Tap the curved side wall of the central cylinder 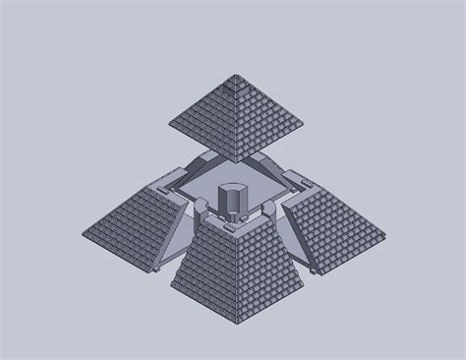pyautogui.click(x=233, y=203)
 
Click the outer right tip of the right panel pyautogui.click(x=384, y=234)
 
